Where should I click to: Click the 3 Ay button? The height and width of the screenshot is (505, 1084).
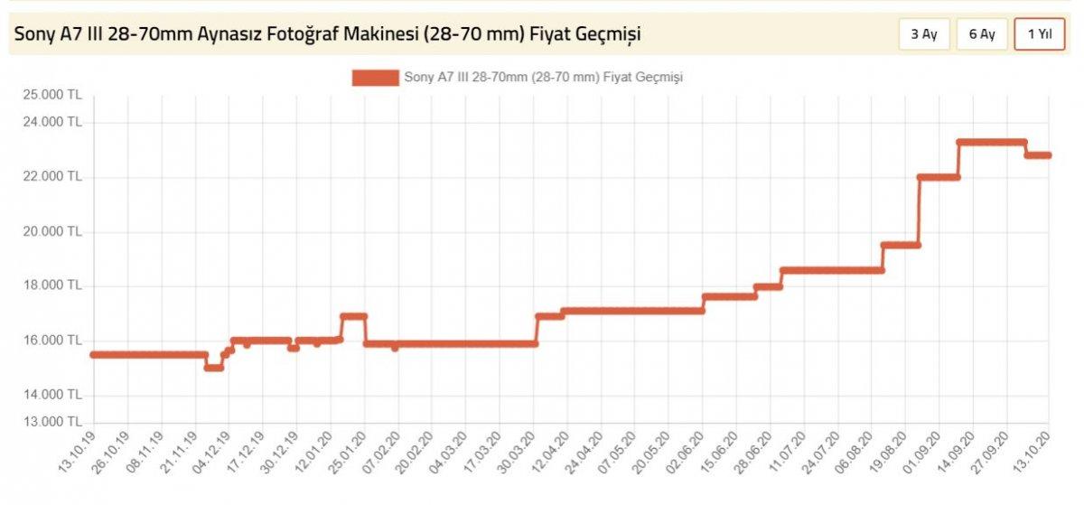pos(923,34)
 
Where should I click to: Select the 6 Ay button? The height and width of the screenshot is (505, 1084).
pos(981,34)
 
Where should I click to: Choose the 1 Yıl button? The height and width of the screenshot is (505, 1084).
pos(1039,34)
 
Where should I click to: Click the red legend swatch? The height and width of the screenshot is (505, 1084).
pos(375,78)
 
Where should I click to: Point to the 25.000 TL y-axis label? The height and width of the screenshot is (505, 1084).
pos(53,95)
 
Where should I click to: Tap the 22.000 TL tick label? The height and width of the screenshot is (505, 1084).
pos(53,177)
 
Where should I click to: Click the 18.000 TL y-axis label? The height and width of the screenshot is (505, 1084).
pos(53,285)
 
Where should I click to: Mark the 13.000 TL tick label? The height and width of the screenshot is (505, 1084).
pos(53,422)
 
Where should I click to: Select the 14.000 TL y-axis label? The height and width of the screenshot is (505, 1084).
pos(53,395)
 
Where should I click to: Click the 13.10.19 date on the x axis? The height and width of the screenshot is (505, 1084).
pos(77,451)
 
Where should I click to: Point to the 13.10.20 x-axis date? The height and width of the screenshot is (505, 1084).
pos(1033,451)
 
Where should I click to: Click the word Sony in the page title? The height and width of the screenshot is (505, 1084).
pos(33,34)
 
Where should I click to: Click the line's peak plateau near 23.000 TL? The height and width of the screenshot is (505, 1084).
pos(992,142)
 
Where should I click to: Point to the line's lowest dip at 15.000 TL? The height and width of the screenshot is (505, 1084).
pos(213,367)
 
